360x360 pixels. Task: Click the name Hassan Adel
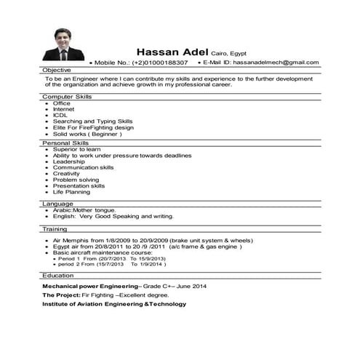click(x=172, y=51)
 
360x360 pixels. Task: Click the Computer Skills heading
click(x=67, y=96)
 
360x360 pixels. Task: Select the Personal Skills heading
click(x=65, y=143)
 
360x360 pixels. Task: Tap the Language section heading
click(x=57, y=204)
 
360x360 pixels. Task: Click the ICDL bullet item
click(x=60, y=115)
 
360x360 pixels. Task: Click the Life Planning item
click(x=72, y=192)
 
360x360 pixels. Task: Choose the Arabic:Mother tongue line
click(x=84, y=210)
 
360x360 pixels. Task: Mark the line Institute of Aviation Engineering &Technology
click(x=114, y=304)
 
